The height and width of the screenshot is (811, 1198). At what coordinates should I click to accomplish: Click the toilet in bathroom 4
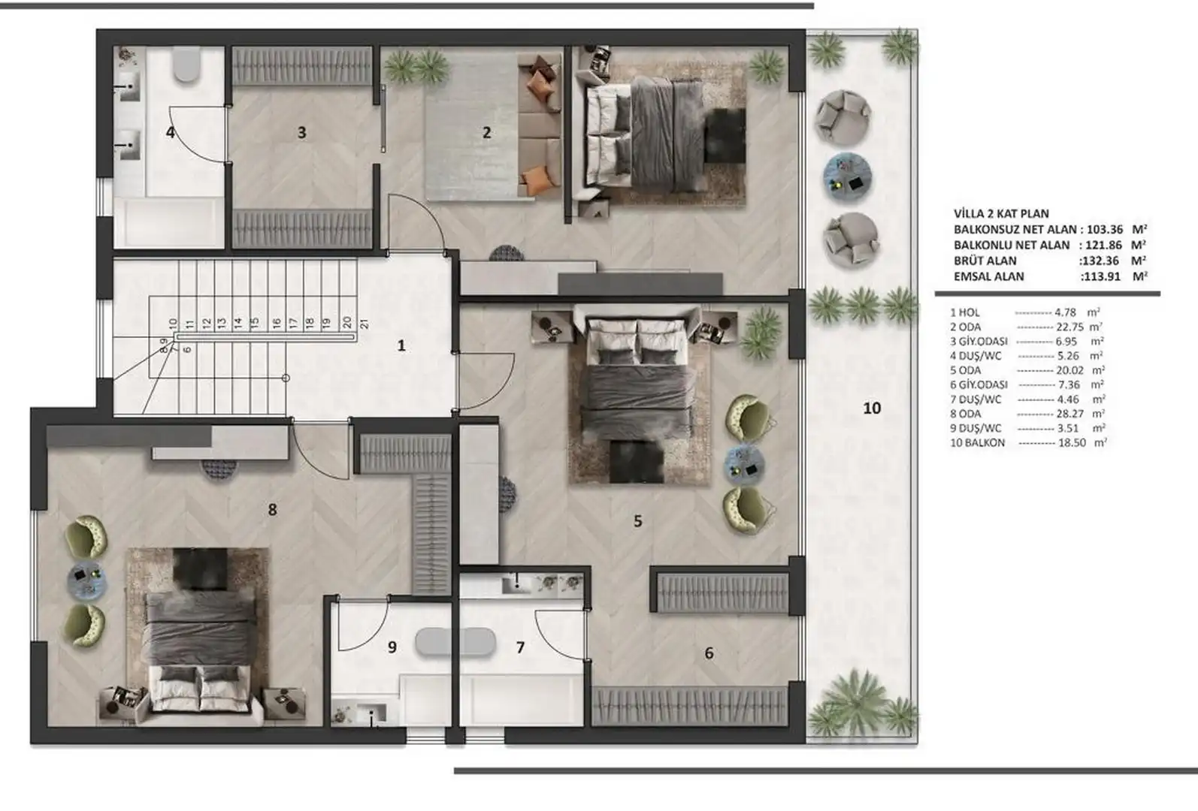(186, 64)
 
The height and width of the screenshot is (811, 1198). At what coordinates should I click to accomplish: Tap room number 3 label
(301, 132)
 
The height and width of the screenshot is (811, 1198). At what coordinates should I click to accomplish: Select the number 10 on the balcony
(872, 409)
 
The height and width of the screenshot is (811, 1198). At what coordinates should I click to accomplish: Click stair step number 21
(365, 323)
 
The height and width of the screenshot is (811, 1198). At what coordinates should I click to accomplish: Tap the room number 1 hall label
(401, 345)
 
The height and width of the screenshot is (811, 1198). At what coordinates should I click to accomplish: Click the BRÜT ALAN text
(985, 261)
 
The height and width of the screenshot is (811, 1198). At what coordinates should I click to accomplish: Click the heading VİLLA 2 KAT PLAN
(1001, 213)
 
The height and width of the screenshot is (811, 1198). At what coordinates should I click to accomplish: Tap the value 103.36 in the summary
(1105, 229)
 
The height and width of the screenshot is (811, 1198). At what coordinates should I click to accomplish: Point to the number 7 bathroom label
(520, 647)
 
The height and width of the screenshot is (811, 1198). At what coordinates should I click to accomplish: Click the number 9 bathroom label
(392, 647)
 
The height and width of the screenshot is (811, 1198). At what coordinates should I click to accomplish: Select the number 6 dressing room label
(709, 653)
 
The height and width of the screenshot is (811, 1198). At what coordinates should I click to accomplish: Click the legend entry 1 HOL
(965, 312)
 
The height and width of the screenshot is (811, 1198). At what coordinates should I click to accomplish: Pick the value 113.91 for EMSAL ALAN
(1100, 276)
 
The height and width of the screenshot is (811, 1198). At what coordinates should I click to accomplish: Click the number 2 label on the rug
(487, 132)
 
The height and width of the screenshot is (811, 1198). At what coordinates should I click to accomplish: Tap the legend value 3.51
(1069, 428)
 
